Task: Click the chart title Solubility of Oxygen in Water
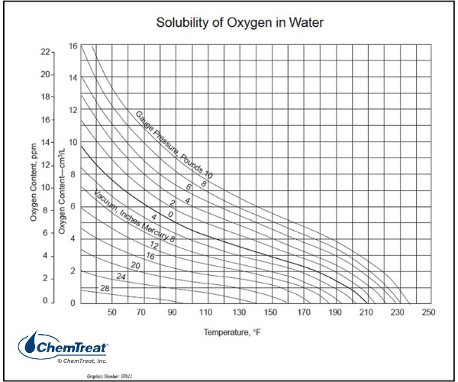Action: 240,22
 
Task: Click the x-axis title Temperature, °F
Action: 237,333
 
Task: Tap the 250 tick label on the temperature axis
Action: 428,312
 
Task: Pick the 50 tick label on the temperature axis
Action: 112,312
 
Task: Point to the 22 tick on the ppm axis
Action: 45,52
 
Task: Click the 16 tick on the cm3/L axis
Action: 73,46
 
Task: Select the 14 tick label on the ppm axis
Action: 45,142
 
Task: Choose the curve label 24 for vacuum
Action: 121,276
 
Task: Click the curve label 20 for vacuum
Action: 136,265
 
